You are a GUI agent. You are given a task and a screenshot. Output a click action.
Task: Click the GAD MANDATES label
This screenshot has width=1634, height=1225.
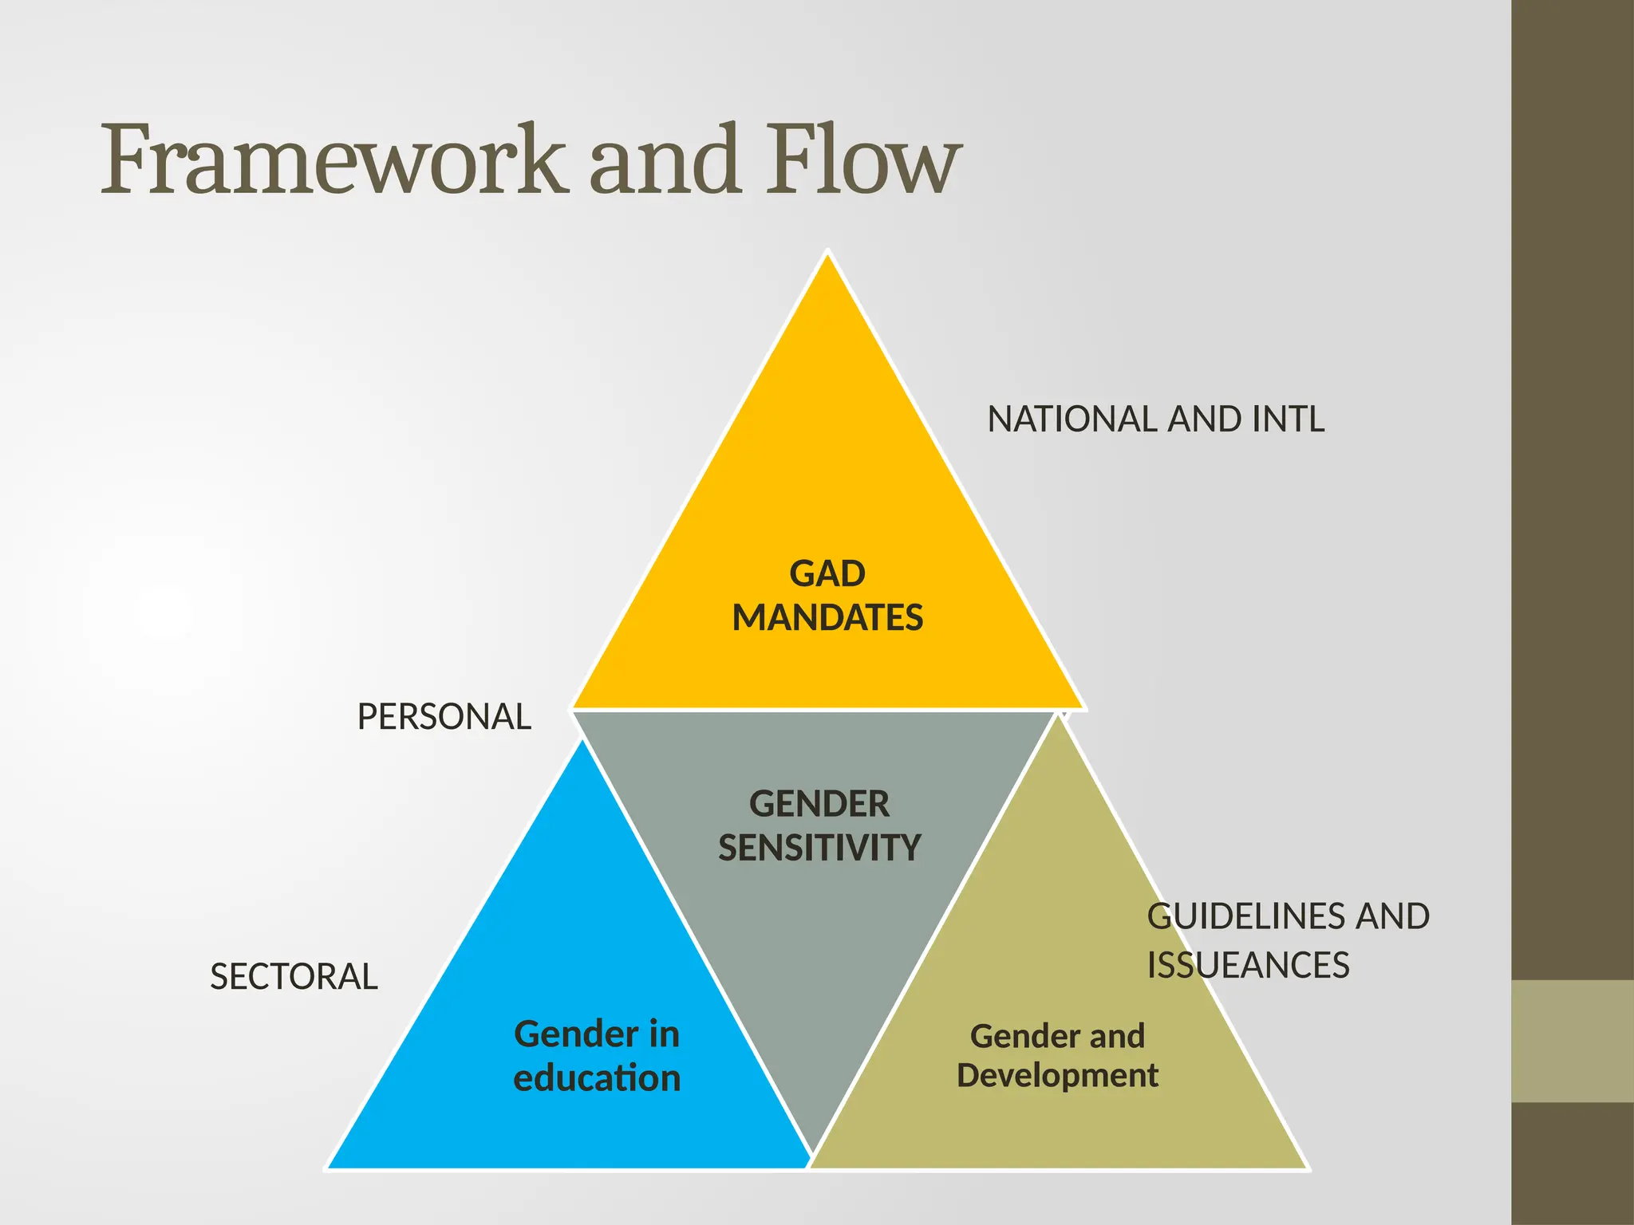tap(827, 596)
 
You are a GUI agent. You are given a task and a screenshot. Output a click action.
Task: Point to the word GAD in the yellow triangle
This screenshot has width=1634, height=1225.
tap(827, 574)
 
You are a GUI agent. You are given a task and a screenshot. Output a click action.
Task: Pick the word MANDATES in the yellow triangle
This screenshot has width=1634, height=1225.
tap(827, 618)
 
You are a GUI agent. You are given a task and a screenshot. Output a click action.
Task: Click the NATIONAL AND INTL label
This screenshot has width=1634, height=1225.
tap(1156, 419)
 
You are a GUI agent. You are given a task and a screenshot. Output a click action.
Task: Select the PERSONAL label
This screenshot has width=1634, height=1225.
tap(444, 717)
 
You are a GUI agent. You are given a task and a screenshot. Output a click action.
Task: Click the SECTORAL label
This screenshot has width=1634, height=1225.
tap(294, 977)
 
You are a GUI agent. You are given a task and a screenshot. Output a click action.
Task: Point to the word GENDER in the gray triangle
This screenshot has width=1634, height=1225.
tap(819, 804)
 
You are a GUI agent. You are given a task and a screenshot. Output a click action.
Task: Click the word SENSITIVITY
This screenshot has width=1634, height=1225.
tap(819, 848)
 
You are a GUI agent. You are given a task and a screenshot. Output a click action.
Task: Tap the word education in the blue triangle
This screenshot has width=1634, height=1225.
tap(597, 1078)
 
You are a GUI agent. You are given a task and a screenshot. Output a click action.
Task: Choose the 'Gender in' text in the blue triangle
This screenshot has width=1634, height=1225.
tap(597, 1034)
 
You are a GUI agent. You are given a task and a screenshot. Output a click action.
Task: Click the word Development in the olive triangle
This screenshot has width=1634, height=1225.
tap(1057, 1076)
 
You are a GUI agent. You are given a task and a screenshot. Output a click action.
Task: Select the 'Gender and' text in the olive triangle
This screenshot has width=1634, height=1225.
tap(1057, 1036)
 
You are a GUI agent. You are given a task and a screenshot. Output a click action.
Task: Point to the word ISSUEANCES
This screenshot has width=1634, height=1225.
tap(1248, 966)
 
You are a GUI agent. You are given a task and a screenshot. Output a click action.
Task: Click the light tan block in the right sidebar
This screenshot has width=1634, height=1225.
tap(1573, 1041)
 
